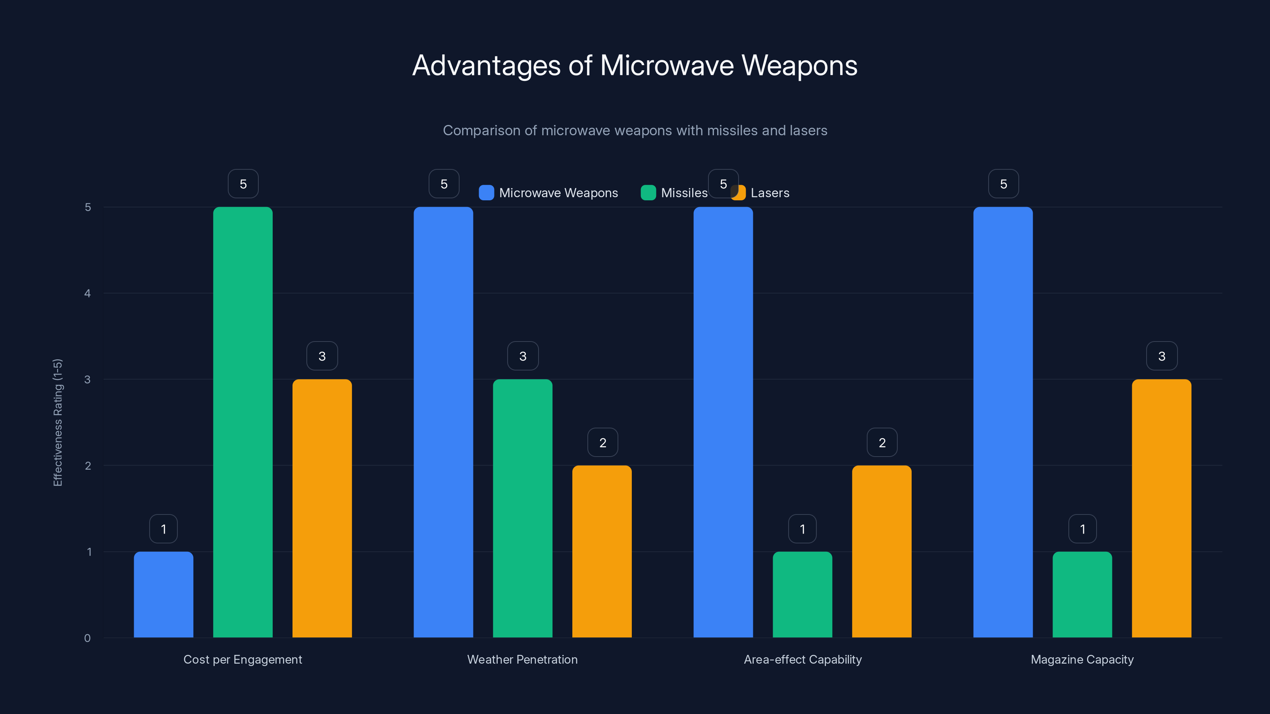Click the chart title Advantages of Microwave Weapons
635,65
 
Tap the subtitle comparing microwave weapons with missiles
635,131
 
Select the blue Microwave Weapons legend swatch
486,193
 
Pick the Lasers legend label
770,193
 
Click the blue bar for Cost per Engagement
164,594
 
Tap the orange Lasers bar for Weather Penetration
602,551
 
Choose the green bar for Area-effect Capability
802,594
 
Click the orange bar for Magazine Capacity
1162,508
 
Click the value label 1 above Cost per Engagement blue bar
164,529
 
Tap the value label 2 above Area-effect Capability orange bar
882,443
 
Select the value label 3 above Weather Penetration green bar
523,356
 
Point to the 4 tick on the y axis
88,294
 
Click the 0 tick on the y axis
88,638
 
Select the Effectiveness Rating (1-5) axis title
58,422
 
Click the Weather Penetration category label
522,659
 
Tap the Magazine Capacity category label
1082,659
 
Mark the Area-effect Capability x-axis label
802,659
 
